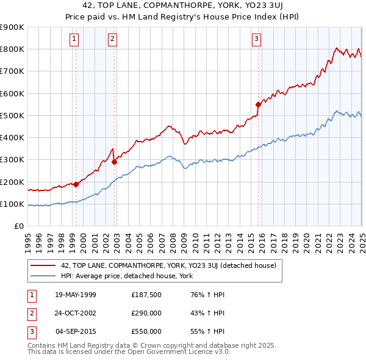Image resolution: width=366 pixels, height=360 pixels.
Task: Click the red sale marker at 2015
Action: click(x=258, y=104)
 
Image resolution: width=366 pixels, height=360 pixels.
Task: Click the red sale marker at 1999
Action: click(x=76, y=184)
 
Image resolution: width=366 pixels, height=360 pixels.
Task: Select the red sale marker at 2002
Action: click(x=114, y=162)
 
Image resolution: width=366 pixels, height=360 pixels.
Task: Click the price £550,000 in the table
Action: click(x=146, y=331)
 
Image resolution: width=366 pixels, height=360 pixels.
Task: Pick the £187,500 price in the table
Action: click(x=146, y=295)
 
